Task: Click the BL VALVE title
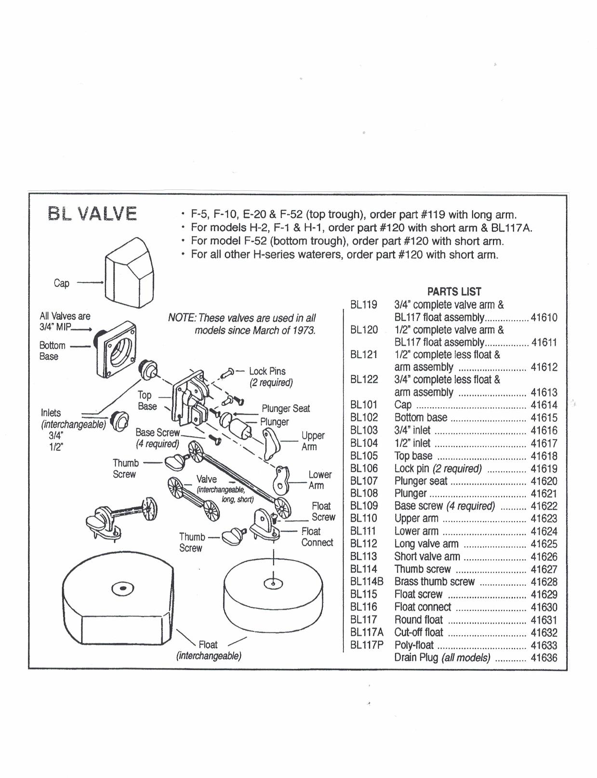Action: [x=92, y=214]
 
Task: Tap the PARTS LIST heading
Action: [x=454, y=292]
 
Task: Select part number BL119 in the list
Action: [x=364, y=305]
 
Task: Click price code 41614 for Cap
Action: [x=544, y=405]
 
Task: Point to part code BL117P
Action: [x=367, y=645]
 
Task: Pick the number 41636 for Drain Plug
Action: [x=544, y=657]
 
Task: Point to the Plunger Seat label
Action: [x=286, y=409]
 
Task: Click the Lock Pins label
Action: [x=267, y=372]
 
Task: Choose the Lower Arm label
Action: [x=320, y=480]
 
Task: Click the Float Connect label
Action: [x=317, y=537]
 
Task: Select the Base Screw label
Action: [x=158, y=432]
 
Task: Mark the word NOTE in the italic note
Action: [x=182, y=318]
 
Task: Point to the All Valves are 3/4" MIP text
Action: [x=65, y=322]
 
